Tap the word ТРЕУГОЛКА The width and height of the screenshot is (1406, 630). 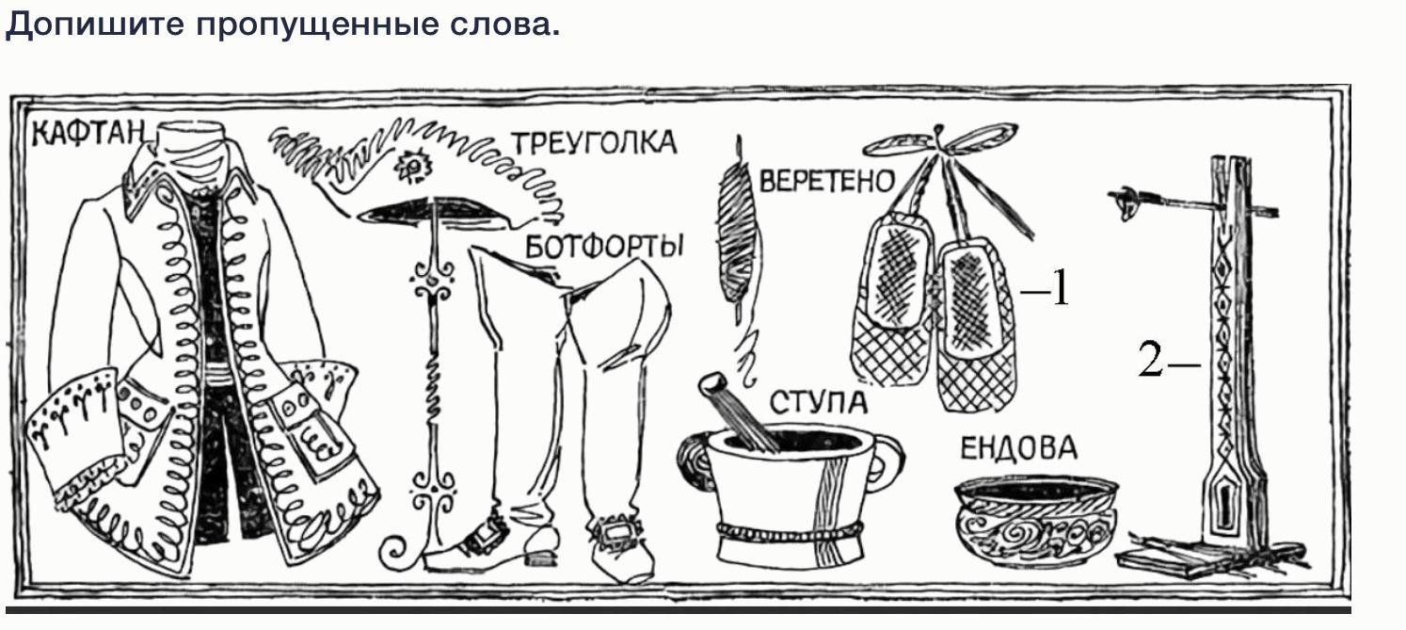click(594, 142)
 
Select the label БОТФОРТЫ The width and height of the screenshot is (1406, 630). click(603, 247)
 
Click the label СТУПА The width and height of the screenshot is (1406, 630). click(817, 402)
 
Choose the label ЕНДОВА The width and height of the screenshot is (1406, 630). click(1017, 448)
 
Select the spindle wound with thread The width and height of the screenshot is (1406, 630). click(735, 226)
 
